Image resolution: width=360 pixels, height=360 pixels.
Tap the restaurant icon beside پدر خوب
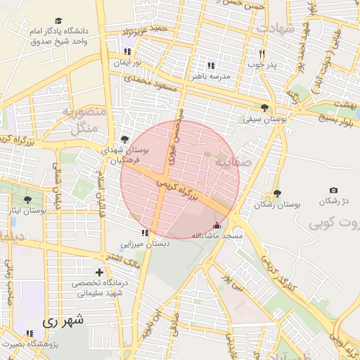pos(262,53)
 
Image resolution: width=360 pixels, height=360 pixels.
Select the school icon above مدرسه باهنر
pos(210,65)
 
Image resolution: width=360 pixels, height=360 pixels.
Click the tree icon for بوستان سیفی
pos(264,108)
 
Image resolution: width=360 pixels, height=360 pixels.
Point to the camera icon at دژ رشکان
pos(333,191)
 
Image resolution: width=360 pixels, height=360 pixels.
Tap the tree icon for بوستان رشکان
pos(277,193)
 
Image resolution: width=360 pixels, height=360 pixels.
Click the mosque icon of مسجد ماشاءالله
pos(217,226)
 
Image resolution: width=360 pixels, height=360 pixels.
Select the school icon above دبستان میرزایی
pos(144,233)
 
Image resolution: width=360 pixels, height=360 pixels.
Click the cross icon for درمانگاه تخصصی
pos(99,272)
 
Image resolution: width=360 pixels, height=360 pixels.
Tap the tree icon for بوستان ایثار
pos(27,200)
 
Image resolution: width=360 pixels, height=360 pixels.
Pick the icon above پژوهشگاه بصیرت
pos(30,333)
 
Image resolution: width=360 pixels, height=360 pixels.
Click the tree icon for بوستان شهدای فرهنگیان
pos(125,139)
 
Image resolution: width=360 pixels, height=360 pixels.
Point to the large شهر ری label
pos(63,321)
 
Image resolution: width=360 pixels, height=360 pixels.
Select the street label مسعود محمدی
pos(153,82)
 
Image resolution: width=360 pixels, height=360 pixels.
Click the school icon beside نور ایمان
pos(127,51)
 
